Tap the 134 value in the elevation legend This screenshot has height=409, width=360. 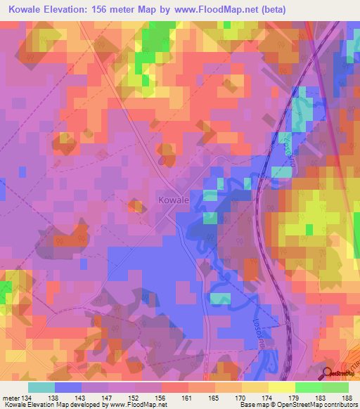[x=27, y=397]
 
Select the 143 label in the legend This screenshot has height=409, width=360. [x=80, y=397]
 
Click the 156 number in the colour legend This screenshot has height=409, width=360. [x=161, y=397]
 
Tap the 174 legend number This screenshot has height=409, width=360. [x=268, y=397]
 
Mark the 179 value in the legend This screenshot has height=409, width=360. [x=295, y=397]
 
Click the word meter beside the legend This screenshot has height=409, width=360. [x=10, y=397]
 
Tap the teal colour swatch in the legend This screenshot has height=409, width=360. [x=41, y=387]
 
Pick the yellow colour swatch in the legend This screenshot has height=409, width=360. [x=281, y=387]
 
